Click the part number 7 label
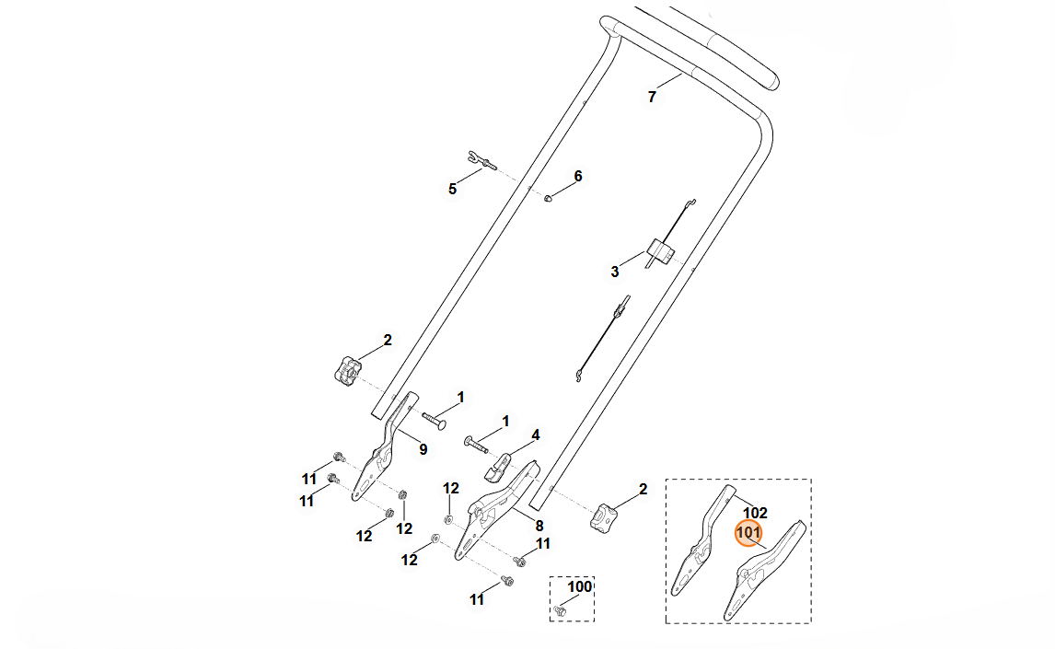click(x=652, y=97)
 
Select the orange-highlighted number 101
click(x=748, y=533)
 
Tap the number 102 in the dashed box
click(x=755, y=513)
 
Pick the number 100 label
click(x=579, y=586)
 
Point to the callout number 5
click(x=452, y=189)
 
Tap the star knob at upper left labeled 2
click(x=345, y=371)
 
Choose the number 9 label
click(x=423, y=449)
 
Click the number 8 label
click(x=539, y=526)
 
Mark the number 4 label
click(x=535, y=435)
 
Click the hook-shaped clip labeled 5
click(x=481, y=159)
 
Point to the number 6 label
click(x=578, y=176)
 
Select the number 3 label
click(x=615, y=272)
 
